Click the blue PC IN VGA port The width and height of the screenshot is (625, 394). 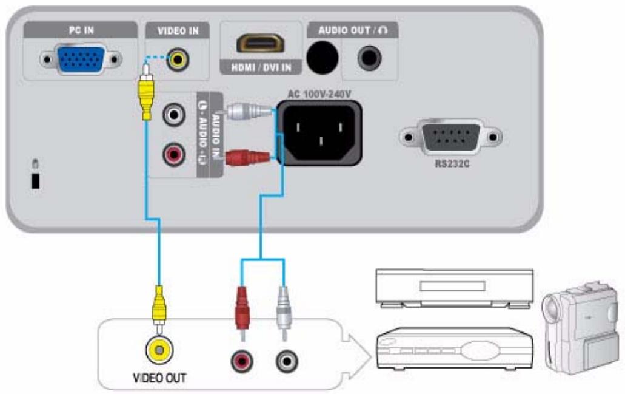pos(79,59)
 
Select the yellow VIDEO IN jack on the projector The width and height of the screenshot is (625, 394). pos(178,59)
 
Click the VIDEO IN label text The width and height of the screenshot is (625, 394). pos(177,30)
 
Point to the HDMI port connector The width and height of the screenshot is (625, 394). pos(260,43)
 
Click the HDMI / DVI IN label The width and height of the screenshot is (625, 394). pos(260,69)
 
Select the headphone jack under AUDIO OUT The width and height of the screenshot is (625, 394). pos(369,59)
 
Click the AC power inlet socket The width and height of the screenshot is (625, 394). pos(318,133)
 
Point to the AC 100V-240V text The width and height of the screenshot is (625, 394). pos(318,94)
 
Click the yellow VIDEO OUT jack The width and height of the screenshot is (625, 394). pos(159,350)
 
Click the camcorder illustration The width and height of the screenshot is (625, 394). pos(580,328)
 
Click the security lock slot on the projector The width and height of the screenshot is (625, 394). pos(35,181)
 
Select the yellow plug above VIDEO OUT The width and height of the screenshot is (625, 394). pos(159,307)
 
